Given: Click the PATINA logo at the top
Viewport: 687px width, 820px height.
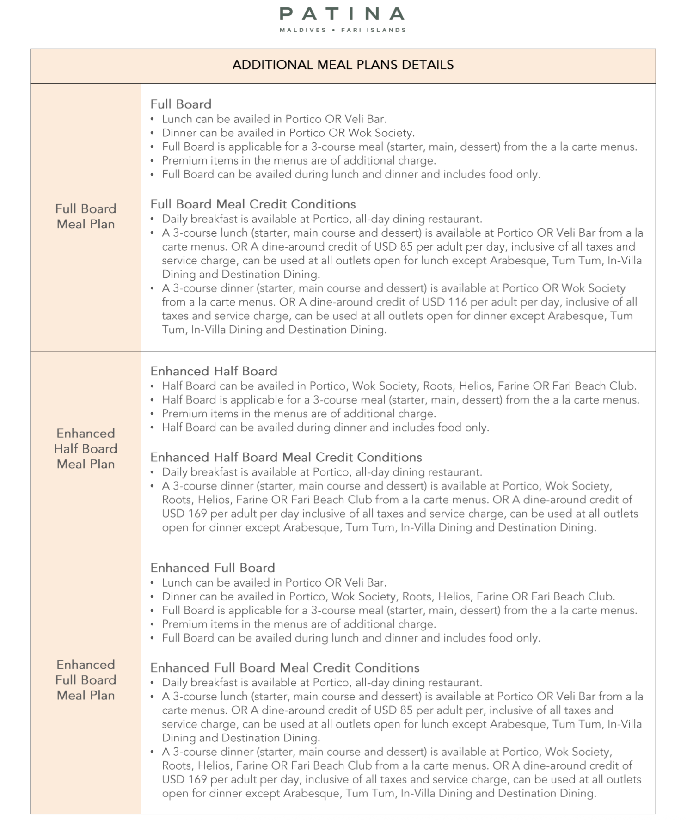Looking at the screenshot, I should coord(342,14).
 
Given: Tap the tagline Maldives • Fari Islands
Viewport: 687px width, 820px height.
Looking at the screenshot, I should coord(343,30).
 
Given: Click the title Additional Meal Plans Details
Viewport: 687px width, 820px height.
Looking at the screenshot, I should coord(343,65).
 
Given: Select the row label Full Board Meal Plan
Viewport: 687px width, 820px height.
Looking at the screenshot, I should coord(86,216).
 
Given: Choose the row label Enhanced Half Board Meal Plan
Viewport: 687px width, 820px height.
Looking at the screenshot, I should coord(86,448).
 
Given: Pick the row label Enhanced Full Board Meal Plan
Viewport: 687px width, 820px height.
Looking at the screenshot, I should coord(86,679).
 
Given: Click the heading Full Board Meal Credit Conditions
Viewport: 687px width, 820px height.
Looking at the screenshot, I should coord(253,204).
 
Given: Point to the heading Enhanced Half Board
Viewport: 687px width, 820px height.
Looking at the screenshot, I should coord(214,371).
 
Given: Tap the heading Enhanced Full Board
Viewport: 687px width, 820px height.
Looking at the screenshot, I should coord(213,568).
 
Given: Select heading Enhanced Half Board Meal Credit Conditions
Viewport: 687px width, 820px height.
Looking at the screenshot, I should coord(286,457).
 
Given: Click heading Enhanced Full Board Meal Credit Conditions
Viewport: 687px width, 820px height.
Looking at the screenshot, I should coord(285,667).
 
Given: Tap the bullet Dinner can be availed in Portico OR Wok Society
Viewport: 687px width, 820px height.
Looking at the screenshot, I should coord(288,133).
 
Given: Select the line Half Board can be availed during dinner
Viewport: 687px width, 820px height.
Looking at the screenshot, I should coord(325,428).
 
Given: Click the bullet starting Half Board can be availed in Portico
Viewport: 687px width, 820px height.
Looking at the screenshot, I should coord(399,386).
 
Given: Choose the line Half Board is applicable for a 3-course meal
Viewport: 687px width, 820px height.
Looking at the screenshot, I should coord(400,400).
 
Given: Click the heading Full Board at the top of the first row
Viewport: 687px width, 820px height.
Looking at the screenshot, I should coord(181,104).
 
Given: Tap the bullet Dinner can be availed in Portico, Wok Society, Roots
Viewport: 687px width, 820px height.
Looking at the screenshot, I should coord(388,596).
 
